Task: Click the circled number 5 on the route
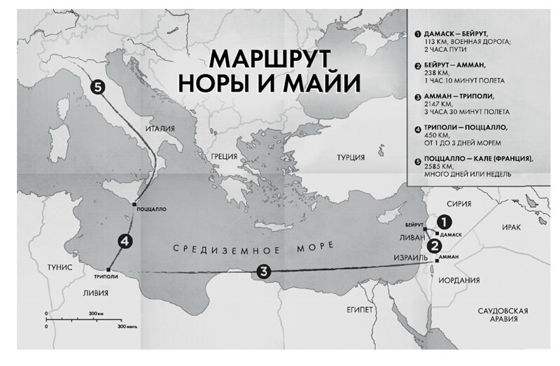coord(97,87)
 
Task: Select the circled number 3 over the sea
coord(262,272)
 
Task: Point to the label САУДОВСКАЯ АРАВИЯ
coord(498,314)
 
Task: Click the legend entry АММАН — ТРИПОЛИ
coord(454,96)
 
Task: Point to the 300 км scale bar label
coord(96,314)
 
